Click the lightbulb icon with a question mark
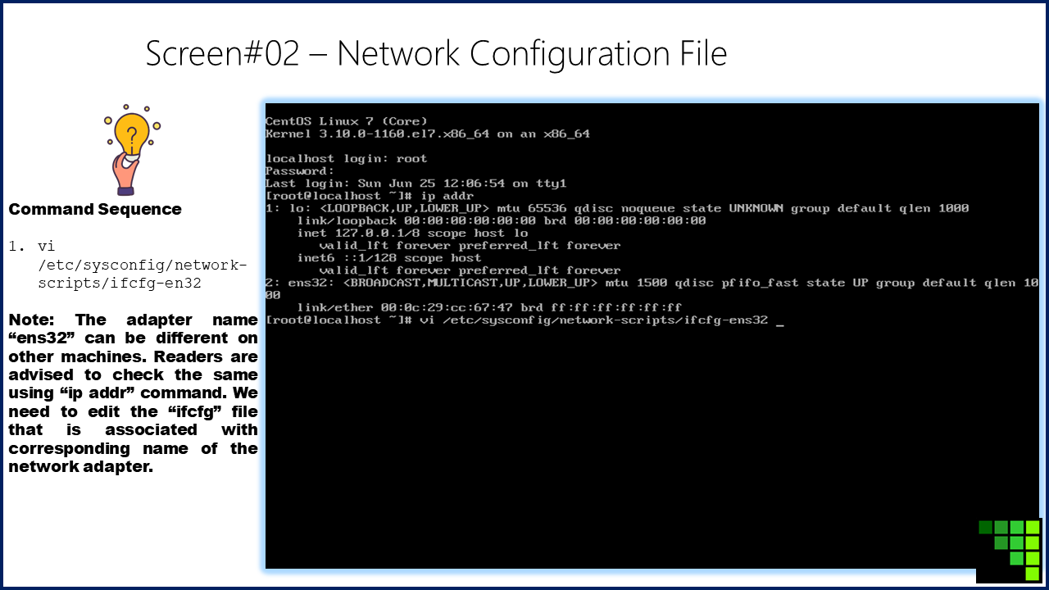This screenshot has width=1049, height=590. pos(132,149)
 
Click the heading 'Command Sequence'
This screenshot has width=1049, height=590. pos(95,209)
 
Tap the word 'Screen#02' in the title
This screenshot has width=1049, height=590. pos(222,53)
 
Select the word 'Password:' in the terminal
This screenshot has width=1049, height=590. pos(300,171)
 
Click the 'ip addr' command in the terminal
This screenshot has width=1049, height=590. pos(447,196)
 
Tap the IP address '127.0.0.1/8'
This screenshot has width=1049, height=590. pos(377,234)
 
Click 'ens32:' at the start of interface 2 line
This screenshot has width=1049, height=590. pos(311,283)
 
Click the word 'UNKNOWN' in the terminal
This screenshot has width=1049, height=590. pos(756,208)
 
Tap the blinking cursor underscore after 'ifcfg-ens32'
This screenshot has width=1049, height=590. pos(779,324)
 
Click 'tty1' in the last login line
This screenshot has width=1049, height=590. pos(551,184)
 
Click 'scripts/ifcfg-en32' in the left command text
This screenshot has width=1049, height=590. pos(120,284)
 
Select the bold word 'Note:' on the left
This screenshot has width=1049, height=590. pos(31,320)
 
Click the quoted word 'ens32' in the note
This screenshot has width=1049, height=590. pos(42,338)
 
